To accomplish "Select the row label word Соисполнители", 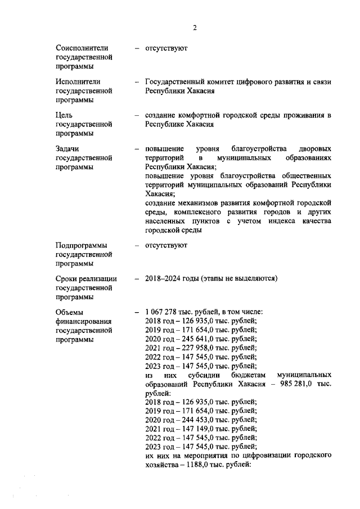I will coord(82,48).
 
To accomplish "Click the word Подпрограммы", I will coord(82,245).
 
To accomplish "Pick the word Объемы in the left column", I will coord(70,312).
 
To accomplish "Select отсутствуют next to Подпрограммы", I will coord(166,245).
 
